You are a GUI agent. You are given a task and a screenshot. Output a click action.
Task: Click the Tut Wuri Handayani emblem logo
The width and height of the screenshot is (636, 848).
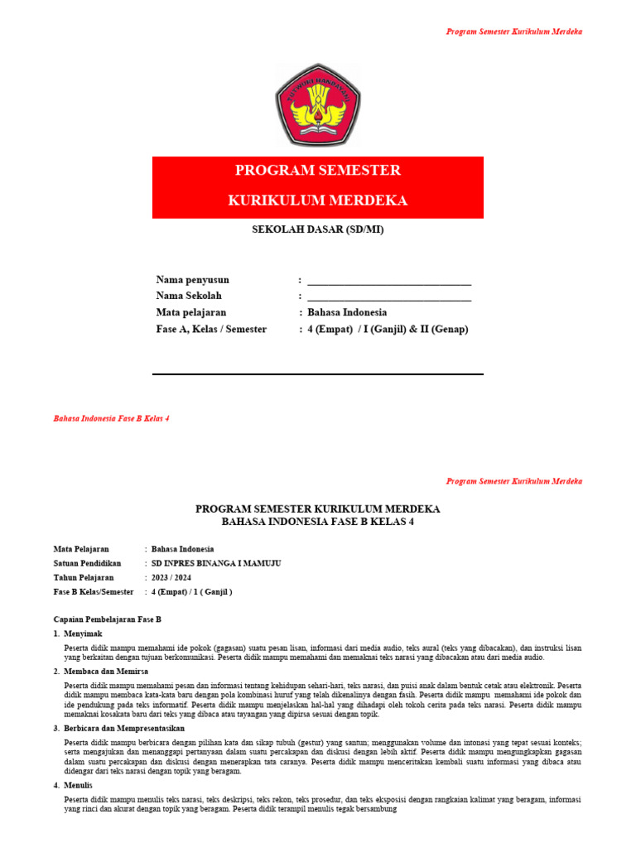pyautogui.click(x=318, y=105)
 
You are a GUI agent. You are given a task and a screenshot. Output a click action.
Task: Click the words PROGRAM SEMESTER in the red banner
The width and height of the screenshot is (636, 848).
pyautogui.click(x=318, y=171)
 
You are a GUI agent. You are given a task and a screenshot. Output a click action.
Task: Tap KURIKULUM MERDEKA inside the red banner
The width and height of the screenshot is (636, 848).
pyautogui.click(x=318, y=201)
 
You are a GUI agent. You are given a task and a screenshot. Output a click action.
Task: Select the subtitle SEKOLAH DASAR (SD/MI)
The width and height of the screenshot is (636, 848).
pyautogui.click(x=318, y=229)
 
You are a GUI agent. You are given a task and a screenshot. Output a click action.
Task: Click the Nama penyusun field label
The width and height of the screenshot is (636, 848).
pyautogui.click(x=193, y=280)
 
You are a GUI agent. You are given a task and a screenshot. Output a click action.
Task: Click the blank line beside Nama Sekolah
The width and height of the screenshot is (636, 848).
pyautogui.click(x=389, y=297)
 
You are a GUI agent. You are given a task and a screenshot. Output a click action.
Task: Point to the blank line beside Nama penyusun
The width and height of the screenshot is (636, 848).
pyautogui.click(x=389, y=281)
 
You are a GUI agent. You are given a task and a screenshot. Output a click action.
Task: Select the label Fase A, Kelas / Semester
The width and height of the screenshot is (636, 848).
pyautogui.click(x=211, y=330)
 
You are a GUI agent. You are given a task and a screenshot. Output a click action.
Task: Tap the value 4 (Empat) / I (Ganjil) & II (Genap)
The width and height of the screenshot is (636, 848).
pyautogui.click(x=388, y=330)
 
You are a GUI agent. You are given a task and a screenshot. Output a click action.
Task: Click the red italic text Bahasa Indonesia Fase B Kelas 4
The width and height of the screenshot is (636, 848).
pyautogui.click(x=112, y=419)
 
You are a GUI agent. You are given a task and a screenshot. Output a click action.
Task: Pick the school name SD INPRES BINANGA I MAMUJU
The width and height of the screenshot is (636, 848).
pyautogui.click(x=216, y=563)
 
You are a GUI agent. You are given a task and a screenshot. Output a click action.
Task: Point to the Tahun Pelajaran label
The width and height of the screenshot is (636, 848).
pyautogui.click(x=84, y=577)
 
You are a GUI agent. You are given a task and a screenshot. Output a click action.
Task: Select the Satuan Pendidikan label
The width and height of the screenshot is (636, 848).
pyautogui.click(x=88, y=563)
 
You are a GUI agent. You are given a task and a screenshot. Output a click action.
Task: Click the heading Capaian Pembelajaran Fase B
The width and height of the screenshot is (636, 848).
pyautogui.click(x=107, y=619)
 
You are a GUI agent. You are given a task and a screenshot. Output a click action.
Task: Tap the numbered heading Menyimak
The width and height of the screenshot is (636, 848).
pyautogui.click(x=82, y=634)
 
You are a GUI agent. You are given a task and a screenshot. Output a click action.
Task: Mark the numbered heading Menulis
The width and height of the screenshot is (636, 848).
pyautogui.click(x=79, y=785)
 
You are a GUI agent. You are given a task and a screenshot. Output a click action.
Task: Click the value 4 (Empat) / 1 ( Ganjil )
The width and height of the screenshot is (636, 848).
pyautogui.click(x=192, y=592)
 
